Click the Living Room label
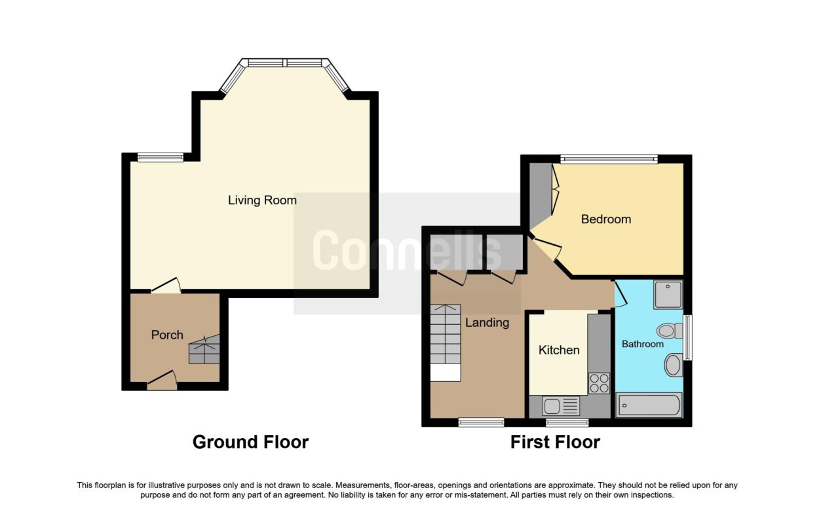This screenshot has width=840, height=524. point(262,200)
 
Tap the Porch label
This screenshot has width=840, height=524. point(167,335)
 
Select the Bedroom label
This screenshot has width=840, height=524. point(605,219)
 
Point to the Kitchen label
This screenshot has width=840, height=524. point(559,350)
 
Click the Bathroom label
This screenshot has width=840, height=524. point(642,344)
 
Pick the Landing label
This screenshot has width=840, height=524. point(487,322)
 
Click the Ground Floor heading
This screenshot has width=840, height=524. point(250,442)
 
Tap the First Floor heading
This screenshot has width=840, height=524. point(555,442)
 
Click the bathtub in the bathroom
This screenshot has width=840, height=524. point(649,405)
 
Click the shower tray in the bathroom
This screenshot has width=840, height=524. point(668,295)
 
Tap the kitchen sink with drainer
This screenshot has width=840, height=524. point(561,406)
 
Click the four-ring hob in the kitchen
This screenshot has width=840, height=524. point(599,383)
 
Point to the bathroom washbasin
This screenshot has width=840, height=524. point(674,364)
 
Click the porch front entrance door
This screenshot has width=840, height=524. point(162,381)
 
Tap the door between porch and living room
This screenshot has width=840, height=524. point(166,286)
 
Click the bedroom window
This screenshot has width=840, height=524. point(609,159)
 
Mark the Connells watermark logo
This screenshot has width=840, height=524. point(407,250)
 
